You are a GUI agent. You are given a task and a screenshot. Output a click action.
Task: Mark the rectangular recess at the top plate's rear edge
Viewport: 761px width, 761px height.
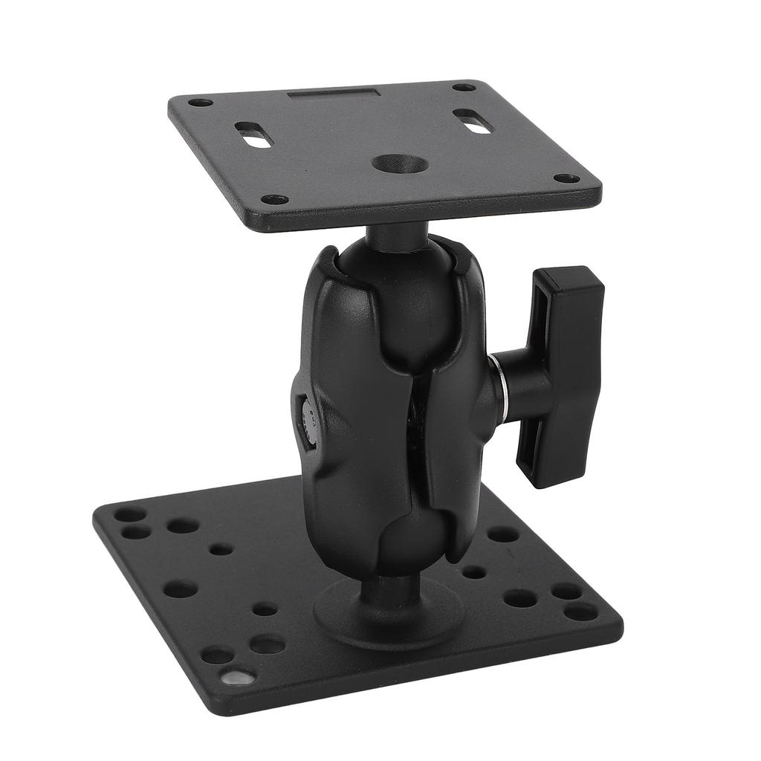(334, 96)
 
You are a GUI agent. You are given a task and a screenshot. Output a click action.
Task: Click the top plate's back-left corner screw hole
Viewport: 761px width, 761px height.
(200, 103)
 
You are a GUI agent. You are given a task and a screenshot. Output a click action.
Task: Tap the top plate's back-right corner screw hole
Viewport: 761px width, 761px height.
(464, 87)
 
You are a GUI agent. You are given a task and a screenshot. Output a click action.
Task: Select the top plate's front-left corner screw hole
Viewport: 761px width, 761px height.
(275, 199)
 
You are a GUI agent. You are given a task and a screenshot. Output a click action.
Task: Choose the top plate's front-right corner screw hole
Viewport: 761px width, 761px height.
(566, 178)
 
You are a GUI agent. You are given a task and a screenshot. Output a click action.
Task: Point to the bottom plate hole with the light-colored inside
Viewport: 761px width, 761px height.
(236, 677)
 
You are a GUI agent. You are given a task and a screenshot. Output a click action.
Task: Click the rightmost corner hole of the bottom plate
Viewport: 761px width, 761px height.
(580, 611)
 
